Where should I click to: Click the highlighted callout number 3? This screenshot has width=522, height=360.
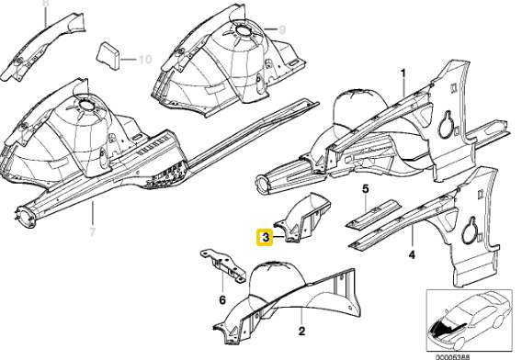point(265,237)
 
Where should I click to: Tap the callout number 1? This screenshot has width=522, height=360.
point(403,73)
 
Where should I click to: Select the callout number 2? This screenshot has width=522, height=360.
point(301,331)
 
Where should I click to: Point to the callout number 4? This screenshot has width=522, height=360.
point(412,255)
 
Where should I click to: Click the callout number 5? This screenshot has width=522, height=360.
point(366,189)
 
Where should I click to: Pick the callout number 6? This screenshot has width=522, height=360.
point(222,300)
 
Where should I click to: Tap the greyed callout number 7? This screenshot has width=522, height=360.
point(93,232)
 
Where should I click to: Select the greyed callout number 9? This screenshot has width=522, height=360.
point(282,29)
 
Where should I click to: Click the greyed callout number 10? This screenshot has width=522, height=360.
point(145,60)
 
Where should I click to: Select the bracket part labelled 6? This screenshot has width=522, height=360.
point(223,266)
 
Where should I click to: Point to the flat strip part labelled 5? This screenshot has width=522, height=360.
point(372,214)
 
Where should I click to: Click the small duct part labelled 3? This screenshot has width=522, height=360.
point(304,218)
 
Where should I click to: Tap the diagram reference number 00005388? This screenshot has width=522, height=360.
point(453,357)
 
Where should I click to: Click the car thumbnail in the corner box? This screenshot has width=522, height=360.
point(470,320)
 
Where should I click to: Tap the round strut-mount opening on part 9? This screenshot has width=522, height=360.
point(245,29)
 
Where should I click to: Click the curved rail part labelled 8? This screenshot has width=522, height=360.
point(43,47)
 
